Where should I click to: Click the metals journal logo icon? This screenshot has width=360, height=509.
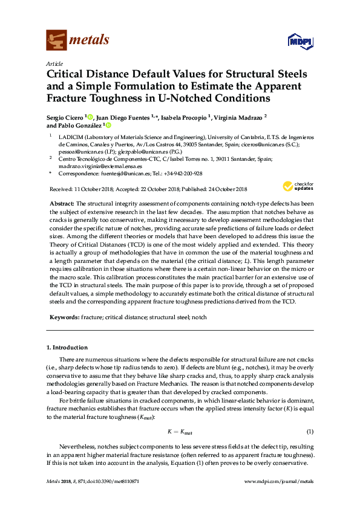56,40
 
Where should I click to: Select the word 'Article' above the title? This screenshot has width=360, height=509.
54,63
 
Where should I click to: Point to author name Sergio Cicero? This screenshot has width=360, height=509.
66,117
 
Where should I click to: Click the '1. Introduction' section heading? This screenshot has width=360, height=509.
67,348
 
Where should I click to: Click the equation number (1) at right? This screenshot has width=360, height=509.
310,432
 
